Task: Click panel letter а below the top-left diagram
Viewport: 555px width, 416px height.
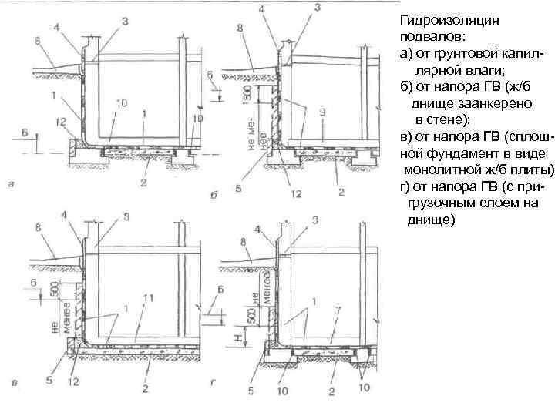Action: point(9,183)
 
